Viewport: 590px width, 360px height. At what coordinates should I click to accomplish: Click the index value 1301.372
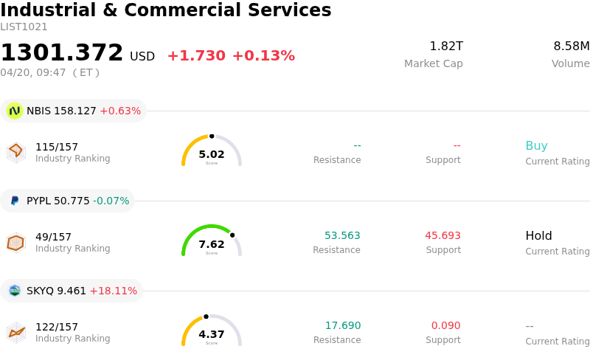pos(62,53)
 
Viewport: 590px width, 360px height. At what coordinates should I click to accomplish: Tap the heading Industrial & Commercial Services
pos(166,10)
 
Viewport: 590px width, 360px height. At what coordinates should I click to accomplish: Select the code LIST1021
pos(24,27)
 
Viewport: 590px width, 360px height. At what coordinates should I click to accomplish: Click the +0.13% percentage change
pos(263,56)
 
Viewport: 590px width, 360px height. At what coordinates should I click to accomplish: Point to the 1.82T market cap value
pos(446,46)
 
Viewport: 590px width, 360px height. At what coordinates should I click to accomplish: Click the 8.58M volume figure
pos(571,46)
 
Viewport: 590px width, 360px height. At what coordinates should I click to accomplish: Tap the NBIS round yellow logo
pos(14,111)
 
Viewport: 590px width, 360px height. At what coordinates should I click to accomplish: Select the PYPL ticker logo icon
pos(14,201)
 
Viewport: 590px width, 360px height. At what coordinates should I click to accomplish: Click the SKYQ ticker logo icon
pos(14,291)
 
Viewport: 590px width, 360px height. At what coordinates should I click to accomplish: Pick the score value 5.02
pos(212,154)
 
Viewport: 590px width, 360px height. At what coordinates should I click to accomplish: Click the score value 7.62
pos(212,244)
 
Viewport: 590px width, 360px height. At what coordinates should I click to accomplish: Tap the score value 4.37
pos(212,334)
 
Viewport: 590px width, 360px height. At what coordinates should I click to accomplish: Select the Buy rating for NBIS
pos(536,146)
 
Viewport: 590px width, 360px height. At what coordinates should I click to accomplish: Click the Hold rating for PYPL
pos(538,236)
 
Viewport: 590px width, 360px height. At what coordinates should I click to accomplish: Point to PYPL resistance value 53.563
pos(342,236)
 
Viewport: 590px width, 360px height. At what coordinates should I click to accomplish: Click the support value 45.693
pos(442,236)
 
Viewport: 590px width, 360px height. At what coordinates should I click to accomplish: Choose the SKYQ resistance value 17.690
pos(342,326)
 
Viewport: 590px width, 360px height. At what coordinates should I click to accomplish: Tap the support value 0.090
pos(445,326)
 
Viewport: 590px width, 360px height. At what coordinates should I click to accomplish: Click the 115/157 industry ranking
pos(57,147)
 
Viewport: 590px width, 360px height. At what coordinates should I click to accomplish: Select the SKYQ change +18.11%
pos(113,291)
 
